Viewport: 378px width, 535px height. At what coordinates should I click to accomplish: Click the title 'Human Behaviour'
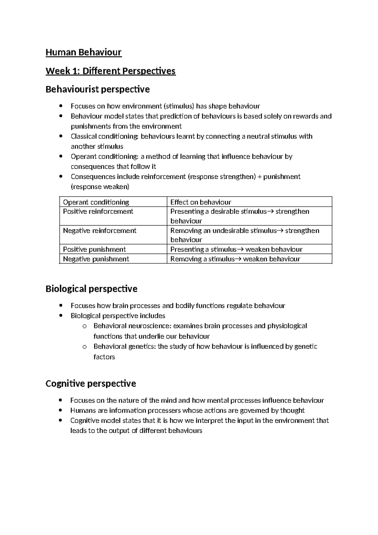click(x=83, y=52)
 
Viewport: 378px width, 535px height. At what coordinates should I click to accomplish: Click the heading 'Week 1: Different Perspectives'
click(x=111, y=71)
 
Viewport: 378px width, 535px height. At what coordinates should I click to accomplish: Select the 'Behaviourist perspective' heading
click(x=98, y=90)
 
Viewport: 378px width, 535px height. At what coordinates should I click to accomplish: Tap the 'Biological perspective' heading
click(x=91, y=289)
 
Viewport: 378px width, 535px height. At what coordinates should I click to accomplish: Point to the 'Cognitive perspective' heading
click(x=91, y=384)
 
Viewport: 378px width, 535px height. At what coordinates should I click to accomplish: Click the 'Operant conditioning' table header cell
click(x=96, y=202)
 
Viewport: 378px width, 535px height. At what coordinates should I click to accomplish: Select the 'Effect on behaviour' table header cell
click(x=201, y=202)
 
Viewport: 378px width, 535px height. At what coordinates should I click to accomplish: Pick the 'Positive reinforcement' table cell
click(x=98, y=211)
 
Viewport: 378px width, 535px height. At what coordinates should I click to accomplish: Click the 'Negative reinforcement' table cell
click(x=100, y=231)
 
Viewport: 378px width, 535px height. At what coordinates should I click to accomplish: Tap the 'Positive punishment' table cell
click(x=94, y=249)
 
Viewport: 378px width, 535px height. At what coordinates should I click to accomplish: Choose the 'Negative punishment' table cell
click(x=96, y=259)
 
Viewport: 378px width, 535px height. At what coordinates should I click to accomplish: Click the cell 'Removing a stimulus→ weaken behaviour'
click(x=235, y=259)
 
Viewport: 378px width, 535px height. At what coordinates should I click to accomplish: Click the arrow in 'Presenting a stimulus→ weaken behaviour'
click(x=240, y=250)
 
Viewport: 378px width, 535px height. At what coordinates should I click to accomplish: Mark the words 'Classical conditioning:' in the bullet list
click(x=105, y=136)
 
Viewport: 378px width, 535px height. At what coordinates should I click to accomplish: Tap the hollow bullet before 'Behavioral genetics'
click(x=84, y=347)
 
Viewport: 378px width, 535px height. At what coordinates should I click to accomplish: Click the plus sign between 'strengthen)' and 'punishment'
click(x=260, y=177)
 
